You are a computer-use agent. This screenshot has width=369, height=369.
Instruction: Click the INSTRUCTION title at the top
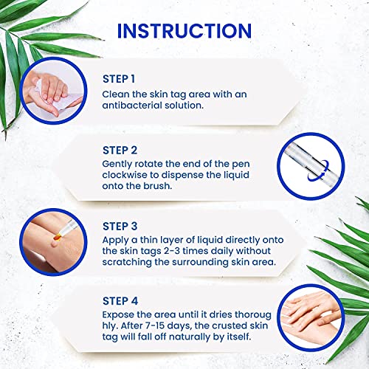click(184, 32)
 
